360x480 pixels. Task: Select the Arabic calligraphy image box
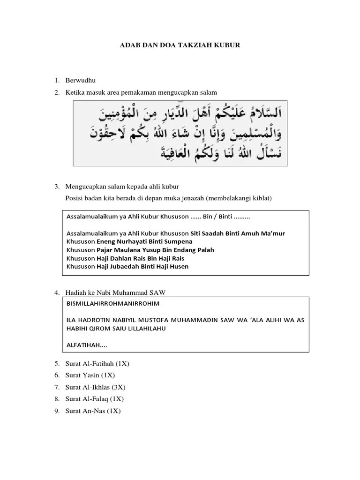[x=180, y=134]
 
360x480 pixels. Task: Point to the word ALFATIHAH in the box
[x=87, y=345]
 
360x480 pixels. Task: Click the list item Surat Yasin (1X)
[x=90, y=375]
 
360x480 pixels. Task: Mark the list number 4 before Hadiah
[x=56, y=293]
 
